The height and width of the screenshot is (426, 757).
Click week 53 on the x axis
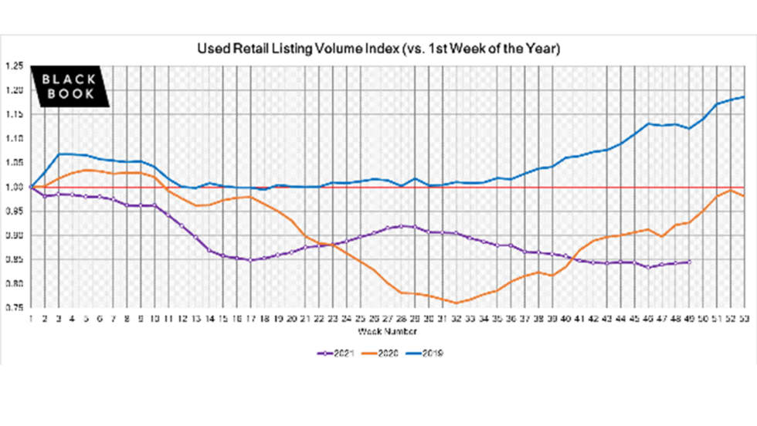743,318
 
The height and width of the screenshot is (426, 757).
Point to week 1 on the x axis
31,318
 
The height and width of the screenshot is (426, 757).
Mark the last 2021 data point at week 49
688,262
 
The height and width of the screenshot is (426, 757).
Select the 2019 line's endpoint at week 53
743,97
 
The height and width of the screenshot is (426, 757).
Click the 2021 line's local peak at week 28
401,225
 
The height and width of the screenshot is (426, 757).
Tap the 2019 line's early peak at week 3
59,154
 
